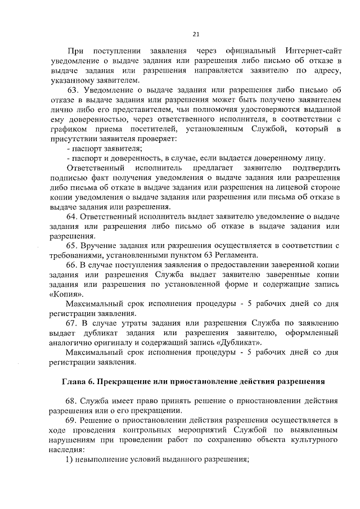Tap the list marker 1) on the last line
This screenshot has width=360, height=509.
(70, 458)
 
